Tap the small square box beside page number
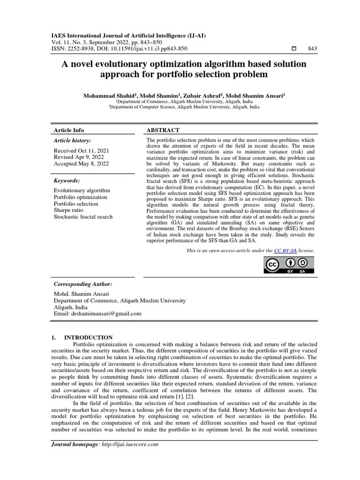(x=294, y=49)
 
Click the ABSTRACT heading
(x=163, y=130)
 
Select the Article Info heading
(x=69, y=130)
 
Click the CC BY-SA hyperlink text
(x=285, y=251)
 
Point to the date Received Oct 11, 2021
(x=81, y=150)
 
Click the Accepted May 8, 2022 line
(x=81, y=164)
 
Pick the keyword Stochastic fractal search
(x=83, y=217)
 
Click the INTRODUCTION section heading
(x=88, y=337)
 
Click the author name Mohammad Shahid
(x=105, y=95)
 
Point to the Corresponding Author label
(x=83, y=284)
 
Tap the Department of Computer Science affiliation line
(x=184, y=106)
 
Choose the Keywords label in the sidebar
(x=67, y=180)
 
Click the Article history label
(x=73, y=140)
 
